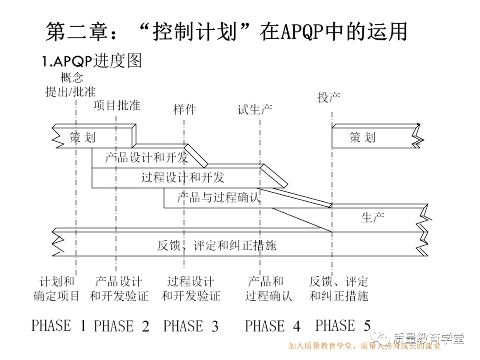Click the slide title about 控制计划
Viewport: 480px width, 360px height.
[227, 32]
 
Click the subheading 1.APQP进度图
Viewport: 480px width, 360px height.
[92, 61]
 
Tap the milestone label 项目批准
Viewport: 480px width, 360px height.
[117, 105]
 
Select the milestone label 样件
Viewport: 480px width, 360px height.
[184, 109]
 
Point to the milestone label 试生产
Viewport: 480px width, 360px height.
[255, 109]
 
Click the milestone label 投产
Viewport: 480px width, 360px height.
[329, 97]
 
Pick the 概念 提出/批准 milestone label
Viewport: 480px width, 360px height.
[71, 85]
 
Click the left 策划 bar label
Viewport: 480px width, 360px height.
[83, 137]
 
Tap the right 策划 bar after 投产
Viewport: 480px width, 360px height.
[362, 137]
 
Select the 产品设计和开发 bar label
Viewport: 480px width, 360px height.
[147, 157]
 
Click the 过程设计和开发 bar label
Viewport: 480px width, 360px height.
[183, 178]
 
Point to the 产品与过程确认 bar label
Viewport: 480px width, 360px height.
[218, 197]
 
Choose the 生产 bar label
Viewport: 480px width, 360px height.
[373, 217]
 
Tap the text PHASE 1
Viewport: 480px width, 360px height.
[58, 326]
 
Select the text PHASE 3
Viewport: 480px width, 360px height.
[191, 326]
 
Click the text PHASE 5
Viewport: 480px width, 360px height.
[343, 326]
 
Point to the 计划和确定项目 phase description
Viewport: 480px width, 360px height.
[57, 288]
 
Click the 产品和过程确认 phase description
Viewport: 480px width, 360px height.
[269, 288]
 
